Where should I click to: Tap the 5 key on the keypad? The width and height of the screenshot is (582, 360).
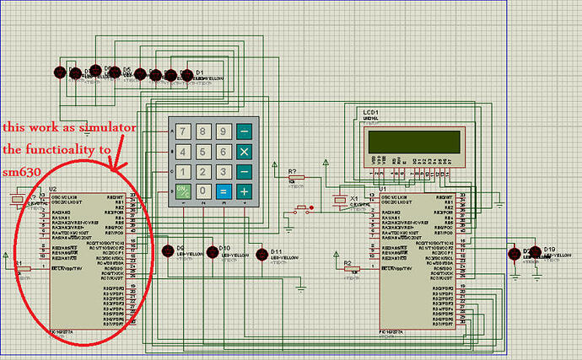(x=202, y=152)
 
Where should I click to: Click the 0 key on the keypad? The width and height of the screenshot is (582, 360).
(x=202, y=191)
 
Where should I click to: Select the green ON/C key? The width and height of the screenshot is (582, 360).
(x=182, y=191)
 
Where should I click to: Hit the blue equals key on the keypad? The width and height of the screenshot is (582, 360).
(x=224, y=191)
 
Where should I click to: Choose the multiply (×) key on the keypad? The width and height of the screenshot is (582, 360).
(x=244, y=152)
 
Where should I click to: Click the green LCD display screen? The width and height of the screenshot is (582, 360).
(x=412, y=141)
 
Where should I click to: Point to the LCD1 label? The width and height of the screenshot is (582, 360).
(x=370, y=112)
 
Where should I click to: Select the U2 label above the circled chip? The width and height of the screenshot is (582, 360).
(x=52, y=190)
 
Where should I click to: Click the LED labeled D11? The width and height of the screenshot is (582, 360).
(x=261, y=255)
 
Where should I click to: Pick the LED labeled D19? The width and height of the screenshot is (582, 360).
(x=537, y=255)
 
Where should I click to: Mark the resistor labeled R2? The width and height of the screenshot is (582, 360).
(x=355, y=269)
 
